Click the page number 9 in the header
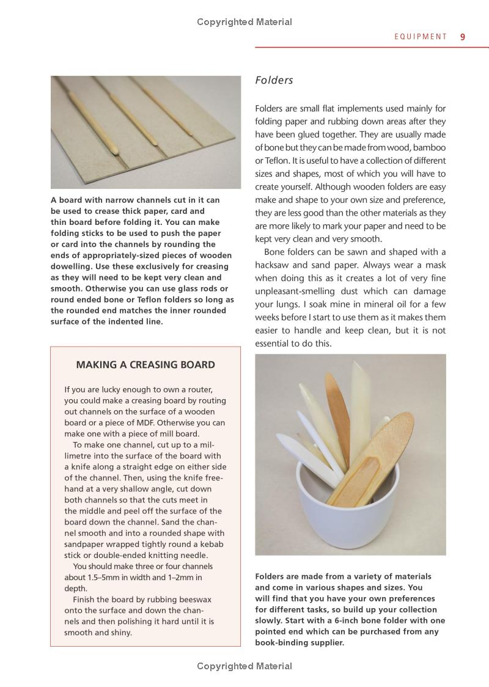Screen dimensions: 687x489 pos(463,37)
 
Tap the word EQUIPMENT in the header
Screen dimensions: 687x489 pos(421,37)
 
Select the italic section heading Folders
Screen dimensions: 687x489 pos(274,80)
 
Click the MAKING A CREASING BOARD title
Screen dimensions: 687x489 pos(145,365)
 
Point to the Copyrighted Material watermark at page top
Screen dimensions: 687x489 pos(244,22)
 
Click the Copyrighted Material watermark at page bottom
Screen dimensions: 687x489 pos(244,666)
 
